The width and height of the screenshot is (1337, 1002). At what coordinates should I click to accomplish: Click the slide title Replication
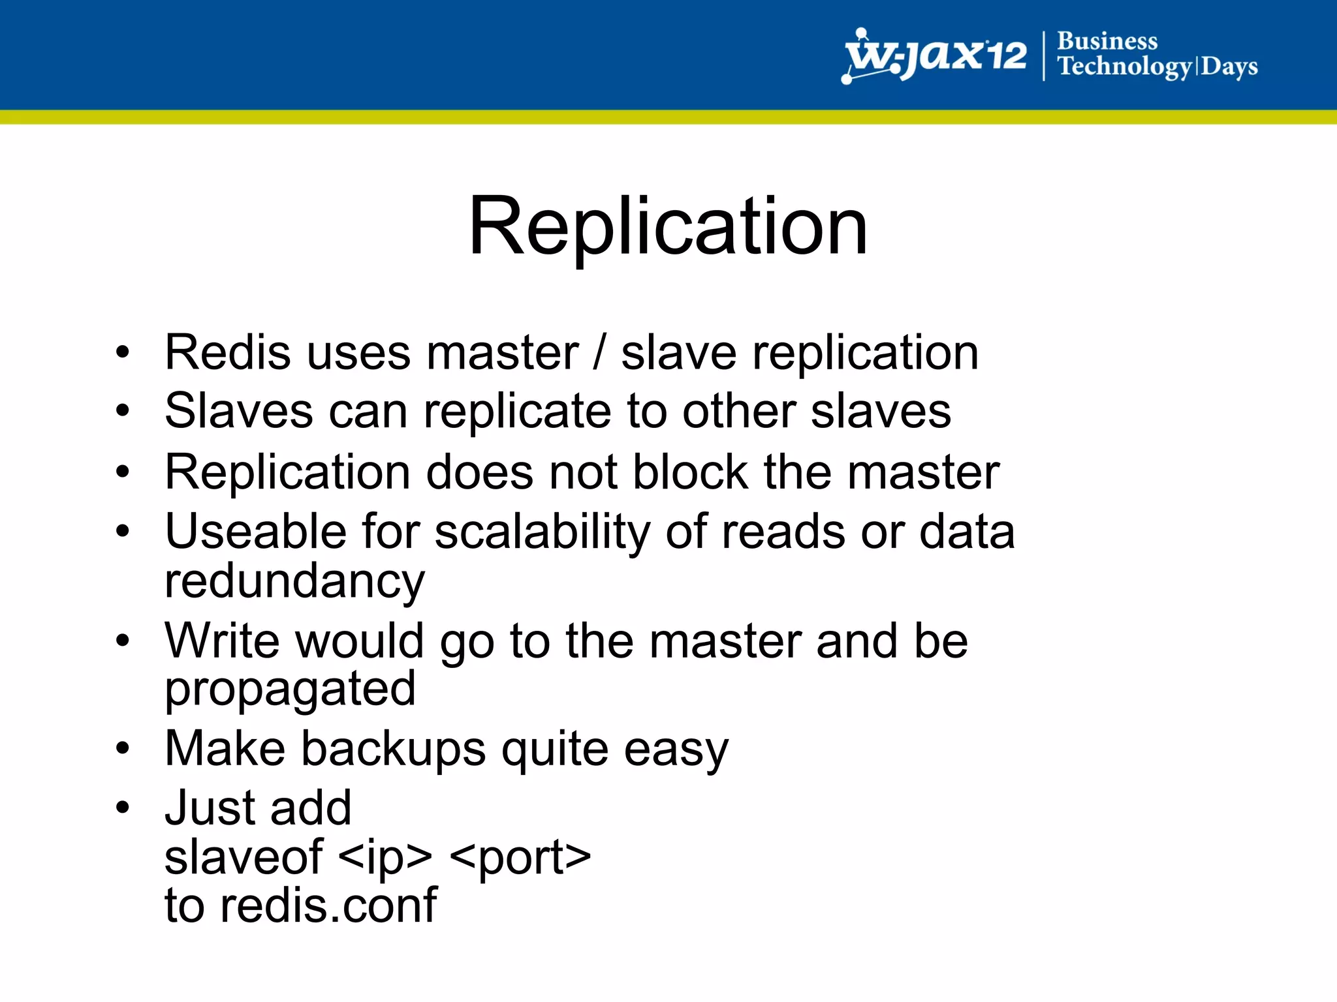(x=668, y=226)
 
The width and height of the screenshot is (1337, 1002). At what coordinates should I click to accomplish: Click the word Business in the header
(x=1107, y=40)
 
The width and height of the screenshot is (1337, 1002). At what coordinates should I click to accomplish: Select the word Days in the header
(x=1229, y=67)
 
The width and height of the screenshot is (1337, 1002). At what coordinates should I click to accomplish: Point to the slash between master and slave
(x=599, y=354)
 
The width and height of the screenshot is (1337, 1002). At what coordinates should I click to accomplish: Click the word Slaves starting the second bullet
(x=239, y=411)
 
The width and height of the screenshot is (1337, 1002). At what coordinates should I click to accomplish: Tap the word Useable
(x=255, y=531)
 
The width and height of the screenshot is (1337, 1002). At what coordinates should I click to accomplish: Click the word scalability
(x=542, y=532)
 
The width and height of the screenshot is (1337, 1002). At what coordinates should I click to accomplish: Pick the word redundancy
(x=294, y=582)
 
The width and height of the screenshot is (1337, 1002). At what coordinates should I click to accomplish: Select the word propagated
(x=290, y=690)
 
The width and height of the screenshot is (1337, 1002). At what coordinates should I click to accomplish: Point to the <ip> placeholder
(x=386, y=858)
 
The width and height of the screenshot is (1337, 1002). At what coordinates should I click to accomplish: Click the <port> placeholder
(x=520, y=858)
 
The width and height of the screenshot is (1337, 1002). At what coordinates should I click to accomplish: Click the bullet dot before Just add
(x=123, y=808)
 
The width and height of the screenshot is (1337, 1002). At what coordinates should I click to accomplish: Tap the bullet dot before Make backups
(x=123, y=749)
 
